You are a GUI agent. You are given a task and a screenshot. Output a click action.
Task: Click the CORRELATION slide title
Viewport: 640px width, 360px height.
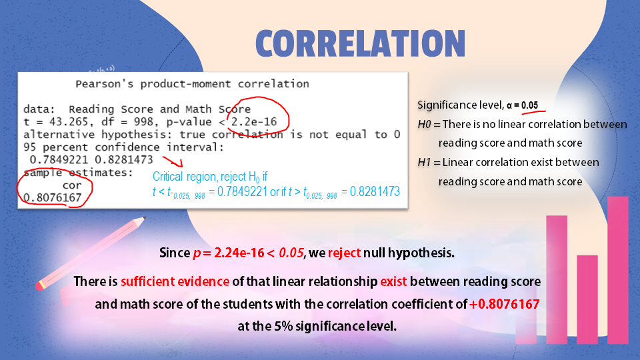coord(360,43)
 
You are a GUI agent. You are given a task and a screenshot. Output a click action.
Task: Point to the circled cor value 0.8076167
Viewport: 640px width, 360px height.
coord(53,197)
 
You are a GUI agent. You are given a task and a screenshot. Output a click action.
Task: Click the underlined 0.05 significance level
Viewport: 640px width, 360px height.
coord(529,105)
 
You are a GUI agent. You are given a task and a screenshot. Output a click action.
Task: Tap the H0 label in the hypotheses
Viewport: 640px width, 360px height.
coord(424,124)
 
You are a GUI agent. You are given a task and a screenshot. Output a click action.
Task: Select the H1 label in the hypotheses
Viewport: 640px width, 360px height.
coord(424,162)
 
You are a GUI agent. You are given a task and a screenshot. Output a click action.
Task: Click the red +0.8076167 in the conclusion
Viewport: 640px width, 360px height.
coord(504,305)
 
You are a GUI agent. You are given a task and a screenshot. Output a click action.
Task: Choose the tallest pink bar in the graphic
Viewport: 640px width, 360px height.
coord(618,267)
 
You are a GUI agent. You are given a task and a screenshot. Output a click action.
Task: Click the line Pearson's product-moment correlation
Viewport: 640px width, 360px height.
coord(192,84)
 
